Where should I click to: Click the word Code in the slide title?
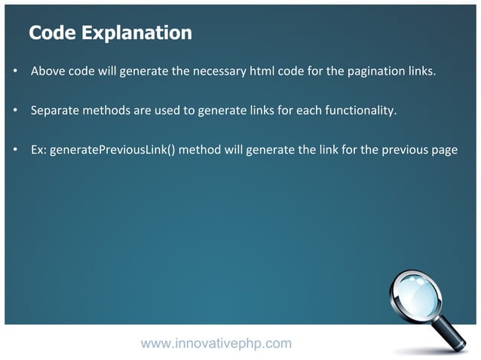[x=51, y=33]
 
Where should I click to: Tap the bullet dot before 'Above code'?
[x=15, y=72]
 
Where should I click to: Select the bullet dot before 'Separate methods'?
[x=15, y=111]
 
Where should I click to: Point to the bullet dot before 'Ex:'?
[x=15, y=150]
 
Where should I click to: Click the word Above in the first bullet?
[x=47, y=72]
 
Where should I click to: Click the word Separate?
[x=54, y=111]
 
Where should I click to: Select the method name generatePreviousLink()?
[x=112, y=150]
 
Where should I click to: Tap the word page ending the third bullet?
[x=443, y=150]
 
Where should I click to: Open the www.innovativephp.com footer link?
[x=216, y=343]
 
